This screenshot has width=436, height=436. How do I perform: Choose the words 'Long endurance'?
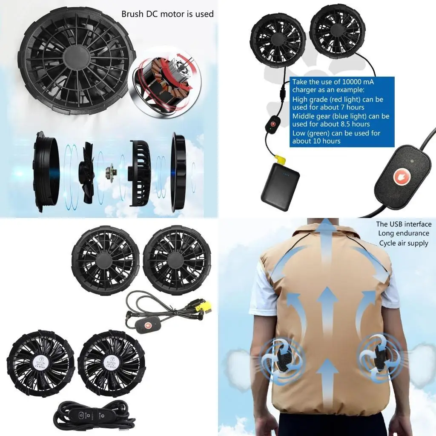[404, 233]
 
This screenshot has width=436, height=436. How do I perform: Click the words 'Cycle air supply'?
[404, 243]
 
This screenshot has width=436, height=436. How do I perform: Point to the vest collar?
[324, 232]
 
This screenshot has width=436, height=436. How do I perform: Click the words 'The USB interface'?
[404, 224]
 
